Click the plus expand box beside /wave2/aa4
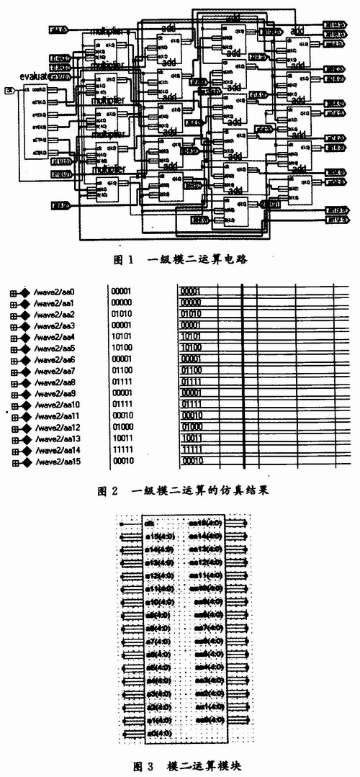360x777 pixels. [14, 337]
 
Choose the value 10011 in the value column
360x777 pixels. [122, 439]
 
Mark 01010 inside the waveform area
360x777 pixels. [190, 314]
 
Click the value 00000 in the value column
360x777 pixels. [122, 302]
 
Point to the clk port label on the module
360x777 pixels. [150, 524]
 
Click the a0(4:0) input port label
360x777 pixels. [158, 733]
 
